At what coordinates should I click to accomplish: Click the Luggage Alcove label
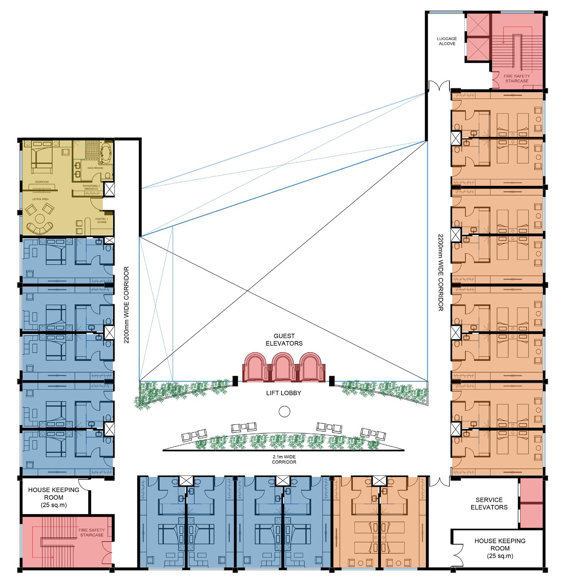[447, 41]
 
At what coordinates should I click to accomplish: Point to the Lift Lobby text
[283, 393]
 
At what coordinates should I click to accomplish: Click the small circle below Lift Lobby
[284, 412]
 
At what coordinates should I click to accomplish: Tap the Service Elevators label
[489, 503]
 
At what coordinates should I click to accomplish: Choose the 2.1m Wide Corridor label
[284, 459]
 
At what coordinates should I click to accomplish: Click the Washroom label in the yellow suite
[95, 168]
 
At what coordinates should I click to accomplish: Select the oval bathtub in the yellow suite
[105, 154]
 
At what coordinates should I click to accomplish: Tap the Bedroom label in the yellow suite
[42, 181]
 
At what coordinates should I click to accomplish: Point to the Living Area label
[40, 199]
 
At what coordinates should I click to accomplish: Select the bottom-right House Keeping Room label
[500, 548]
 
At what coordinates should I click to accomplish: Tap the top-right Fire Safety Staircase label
[517, 78]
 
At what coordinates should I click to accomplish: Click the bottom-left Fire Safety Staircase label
[91, 533]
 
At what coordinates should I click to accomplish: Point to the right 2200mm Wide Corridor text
[440, 272]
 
